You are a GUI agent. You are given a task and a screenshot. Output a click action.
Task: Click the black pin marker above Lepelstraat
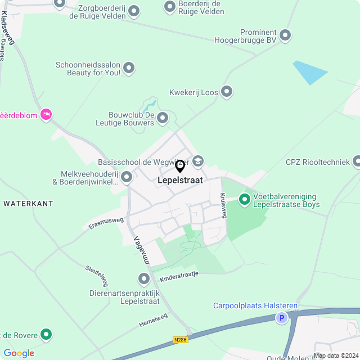(180, 166)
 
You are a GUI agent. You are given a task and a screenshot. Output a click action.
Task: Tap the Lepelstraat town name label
(179, 180)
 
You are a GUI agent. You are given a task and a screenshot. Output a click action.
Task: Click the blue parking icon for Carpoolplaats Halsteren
(281, 318)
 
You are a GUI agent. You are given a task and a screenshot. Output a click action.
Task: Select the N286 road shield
(181, 339)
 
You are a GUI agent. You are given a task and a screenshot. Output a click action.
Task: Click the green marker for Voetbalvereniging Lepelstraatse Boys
(245, 199)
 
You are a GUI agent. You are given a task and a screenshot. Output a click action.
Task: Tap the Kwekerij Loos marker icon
(227, 92)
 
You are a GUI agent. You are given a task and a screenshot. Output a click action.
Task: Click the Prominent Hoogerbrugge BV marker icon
(285, 35)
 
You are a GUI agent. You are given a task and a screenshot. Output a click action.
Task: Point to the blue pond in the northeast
(309, 72)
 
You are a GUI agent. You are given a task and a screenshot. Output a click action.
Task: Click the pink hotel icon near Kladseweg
(46, 115)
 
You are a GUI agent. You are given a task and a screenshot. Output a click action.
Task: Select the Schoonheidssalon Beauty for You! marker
(129, 69)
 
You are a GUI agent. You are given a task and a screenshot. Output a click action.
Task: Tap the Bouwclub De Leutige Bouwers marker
(163, 118)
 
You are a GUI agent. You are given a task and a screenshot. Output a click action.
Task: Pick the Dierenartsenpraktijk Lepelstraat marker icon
(144, 278)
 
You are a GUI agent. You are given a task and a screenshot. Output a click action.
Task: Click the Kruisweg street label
(222, 206)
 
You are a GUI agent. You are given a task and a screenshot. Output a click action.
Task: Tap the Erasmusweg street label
(106, 223)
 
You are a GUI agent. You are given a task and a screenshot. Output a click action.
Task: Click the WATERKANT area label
(28, 203)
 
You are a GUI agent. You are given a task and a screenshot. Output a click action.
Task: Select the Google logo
(19, 353)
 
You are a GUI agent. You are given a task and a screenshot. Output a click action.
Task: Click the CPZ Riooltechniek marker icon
(356, 163)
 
